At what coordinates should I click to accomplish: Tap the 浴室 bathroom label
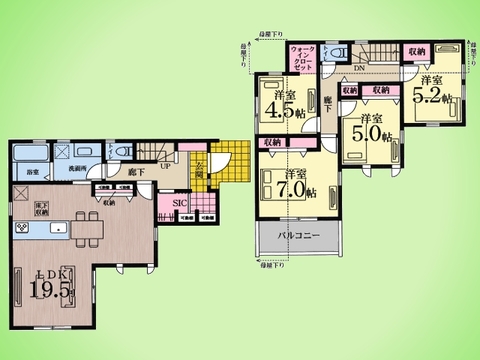point(27,172)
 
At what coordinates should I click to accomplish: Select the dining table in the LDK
point(84,232)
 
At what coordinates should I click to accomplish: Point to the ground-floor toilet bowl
point(122,151)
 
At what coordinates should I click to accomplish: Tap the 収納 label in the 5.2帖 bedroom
point(417,50)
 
